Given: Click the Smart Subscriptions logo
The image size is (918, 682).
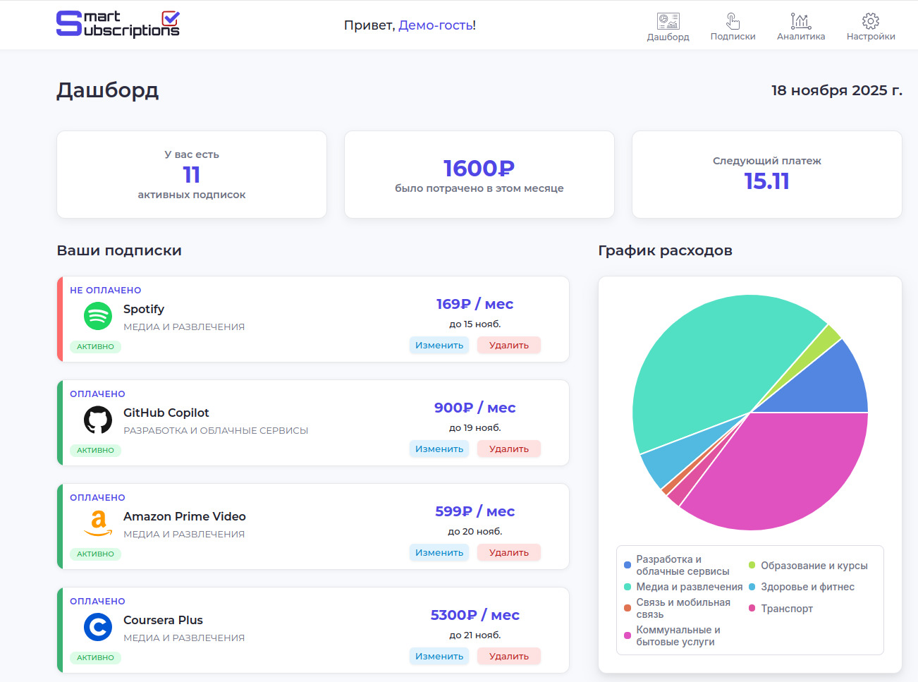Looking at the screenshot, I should (x=118, y=24).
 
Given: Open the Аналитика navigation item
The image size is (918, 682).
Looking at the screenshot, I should (x=801, y=28).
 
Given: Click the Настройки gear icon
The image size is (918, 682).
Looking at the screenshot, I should (x=871, y=21).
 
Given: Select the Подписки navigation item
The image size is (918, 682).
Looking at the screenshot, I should (x=733, y=28).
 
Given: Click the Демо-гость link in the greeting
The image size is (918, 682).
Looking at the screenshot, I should (x=436, y=25).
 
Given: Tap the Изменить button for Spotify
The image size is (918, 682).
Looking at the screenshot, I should (x=439, y=346).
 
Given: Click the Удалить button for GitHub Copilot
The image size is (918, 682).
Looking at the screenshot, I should (x=508, y=449).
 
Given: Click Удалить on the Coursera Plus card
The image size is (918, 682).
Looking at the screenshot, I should (x=508, y=657).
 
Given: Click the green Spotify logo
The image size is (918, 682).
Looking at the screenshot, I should (x=98, y=316).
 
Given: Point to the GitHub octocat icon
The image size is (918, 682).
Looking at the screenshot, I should (x=98, y=420).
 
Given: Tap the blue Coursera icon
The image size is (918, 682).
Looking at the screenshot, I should (x=98, y=627).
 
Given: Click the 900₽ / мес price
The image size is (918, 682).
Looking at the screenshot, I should (x=475, y=408).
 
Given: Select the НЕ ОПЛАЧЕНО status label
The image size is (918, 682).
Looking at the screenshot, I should (x=105, y=291).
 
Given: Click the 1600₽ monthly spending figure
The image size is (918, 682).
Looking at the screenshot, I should (x=479, y=169).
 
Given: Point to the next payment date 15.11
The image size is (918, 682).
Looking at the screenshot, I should (x=766, y=181).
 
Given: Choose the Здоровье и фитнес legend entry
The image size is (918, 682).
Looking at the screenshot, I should (x=807, y=587).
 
